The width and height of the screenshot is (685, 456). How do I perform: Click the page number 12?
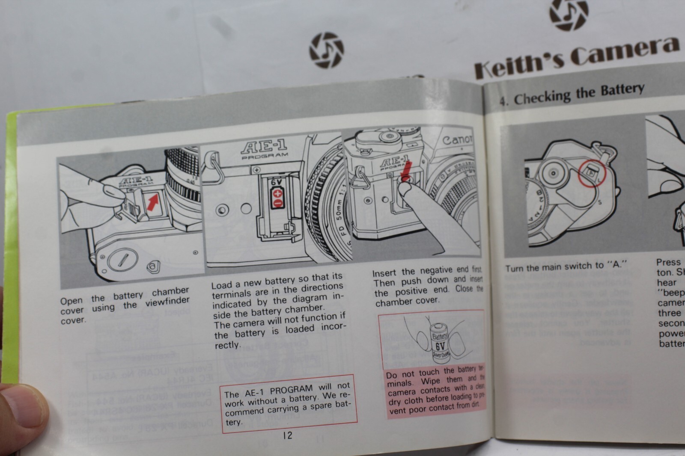287,435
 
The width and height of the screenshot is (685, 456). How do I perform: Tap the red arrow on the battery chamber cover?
152,202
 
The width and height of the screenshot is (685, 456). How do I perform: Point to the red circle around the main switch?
592,173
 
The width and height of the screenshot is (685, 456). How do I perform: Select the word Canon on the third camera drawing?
457,139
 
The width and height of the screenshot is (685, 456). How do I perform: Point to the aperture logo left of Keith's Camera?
326,50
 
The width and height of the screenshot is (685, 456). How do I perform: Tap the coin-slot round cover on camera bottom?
121,260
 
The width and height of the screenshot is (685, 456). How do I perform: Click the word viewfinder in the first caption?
167,303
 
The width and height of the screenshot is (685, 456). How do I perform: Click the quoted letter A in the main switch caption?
616,264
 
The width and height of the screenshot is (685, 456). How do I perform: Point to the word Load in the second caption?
221,285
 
